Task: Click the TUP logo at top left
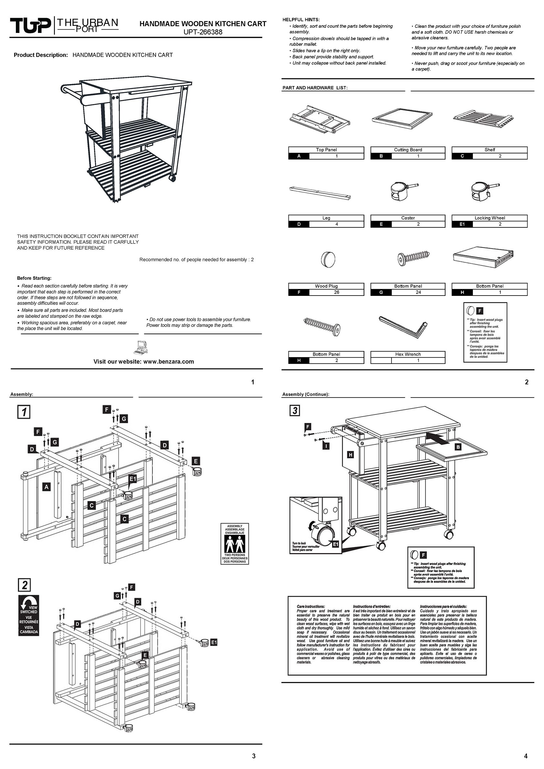pos(30,26)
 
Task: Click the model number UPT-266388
pos(203,32)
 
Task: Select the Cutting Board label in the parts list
pos(408,150)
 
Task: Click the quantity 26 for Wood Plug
pos(336,292)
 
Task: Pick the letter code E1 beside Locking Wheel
pos(462,224)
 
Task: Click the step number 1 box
pos(24,412)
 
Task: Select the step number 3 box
pos(295,410)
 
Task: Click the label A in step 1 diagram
pos(47,487)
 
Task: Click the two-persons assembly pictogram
pos(235,544)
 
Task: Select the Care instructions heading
pos(310,607)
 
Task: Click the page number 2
pos(526,382)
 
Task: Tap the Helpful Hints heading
pos(301,20)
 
